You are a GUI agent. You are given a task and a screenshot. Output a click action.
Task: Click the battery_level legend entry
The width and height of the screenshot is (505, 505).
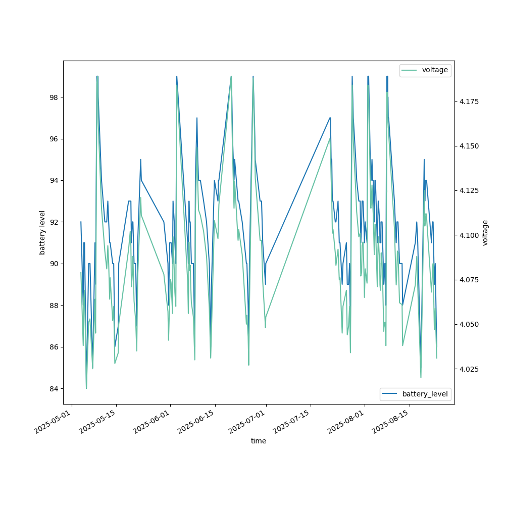(x=425, y=394)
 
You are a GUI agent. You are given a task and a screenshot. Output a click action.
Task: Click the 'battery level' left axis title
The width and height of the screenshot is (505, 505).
(x=42, y=232)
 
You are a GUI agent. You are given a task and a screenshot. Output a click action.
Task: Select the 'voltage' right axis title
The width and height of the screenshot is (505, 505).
(x=485, y=232)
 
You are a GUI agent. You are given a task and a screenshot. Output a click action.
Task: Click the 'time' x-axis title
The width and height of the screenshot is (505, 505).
(x=259, y=441)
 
